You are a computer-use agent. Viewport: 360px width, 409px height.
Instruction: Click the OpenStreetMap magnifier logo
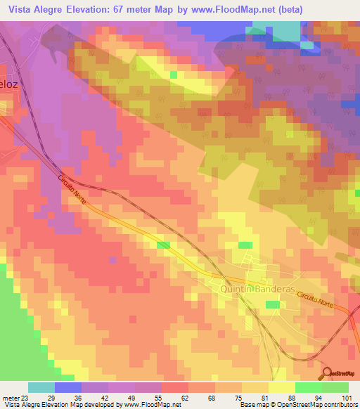tap(328, 372)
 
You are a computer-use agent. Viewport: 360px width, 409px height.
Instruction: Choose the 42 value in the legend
tap(96, 398)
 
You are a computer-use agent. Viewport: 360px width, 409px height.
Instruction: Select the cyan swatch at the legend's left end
tap(41, 387)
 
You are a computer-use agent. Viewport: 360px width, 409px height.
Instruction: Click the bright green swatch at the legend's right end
tap(335, 387)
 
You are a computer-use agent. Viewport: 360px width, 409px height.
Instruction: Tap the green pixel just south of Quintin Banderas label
tap(272, 304)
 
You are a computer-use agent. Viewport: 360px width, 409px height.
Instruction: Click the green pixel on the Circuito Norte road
tap(164, 245)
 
